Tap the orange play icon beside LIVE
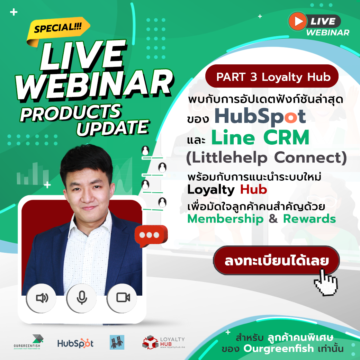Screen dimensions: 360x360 (297, 21)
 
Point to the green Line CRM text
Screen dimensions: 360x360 (260, 138)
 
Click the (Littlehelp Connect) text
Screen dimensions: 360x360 (266, 158)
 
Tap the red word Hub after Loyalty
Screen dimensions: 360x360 (254, 190)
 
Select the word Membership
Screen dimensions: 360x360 (225, 219)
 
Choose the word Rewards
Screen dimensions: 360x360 (309, 219)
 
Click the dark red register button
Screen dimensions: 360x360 (276, 261)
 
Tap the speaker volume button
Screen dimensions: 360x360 (42, 297)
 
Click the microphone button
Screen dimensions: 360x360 (82, 297)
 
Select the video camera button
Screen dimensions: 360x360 (123, 297)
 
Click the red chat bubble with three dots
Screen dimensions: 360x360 (150, 235)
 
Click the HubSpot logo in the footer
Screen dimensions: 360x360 (75, 343)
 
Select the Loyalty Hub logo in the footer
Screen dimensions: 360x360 (163, 342)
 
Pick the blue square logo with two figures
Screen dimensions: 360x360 (117, 342)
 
